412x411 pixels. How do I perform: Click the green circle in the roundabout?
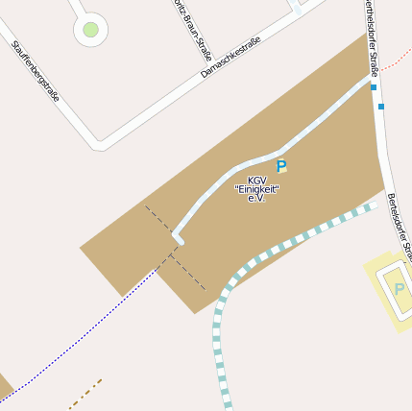(90, 30)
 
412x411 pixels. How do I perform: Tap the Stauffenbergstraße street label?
(36, 72)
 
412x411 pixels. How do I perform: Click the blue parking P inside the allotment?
(281, 167)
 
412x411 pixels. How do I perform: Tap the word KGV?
(256, 181)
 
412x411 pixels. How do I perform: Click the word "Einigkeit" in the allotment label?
(256, 189)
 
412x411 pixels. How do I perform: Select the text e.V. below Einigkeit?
(255, 199)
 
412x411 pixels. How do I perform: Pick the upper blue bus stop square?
(373, 87)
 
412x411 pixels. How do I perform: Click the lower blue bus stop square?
(381, 106)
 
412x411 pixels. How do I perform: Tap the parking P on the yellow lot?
(399, 289)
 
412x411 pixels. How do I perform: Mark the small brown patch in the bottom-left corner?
(4, 387)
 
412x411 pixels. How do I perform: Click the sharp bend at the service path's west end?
(176, 235)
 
